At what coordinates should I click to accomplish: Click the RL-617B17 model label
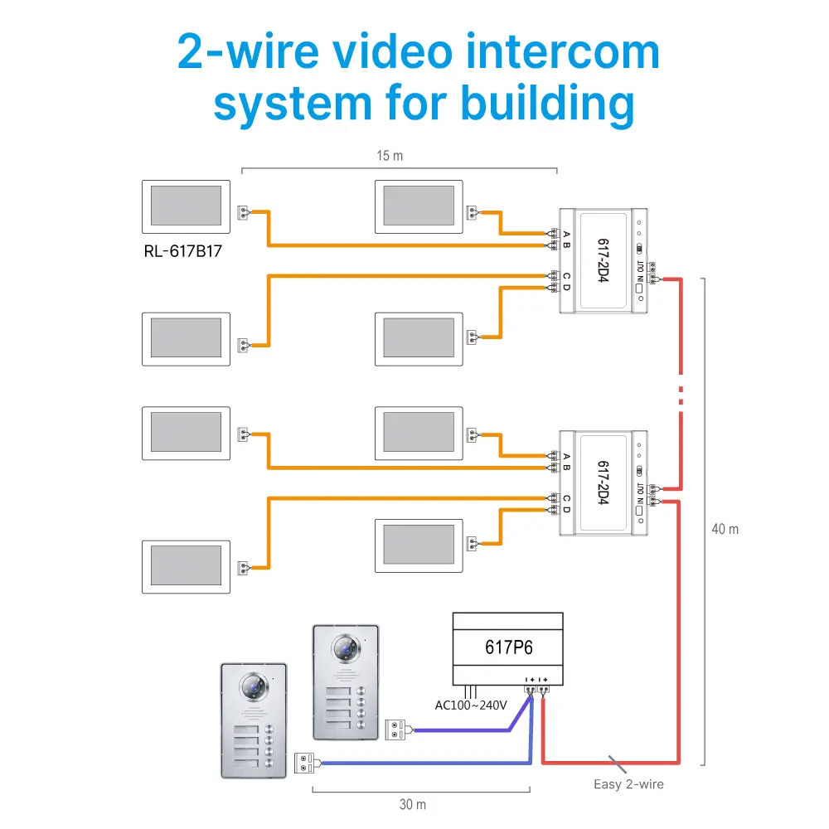click(183, 251)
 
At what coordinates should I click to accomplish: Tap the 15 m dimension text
click(390, 156)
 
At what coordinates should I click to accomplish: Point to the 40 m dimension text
click(725, 529)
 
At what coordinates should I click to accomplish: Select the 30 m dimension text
click(412, 805)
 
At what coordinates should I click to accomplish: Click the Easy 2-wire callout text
click(628, 784)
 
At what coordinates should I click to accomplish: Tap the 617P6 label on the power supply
click(509, 647)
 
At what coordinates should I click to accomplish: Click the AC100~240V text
click(471, 705)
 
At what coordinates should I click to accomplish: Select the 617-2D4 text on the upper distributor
click(604, 260)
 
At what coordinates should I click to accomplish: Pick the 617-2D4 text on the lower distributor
click(604, 482)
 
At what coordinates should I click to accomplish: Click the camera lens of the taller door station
click(346, 648)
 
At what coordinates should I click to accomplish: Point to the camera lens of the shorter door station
click(254, 686)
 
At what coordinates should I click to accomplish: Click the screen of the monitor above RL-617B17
click(186, 206)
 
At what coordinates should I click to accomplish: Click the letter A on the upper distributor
click(567, 235)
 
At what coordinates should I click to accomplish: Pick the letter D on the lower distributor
click(567, 510)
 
